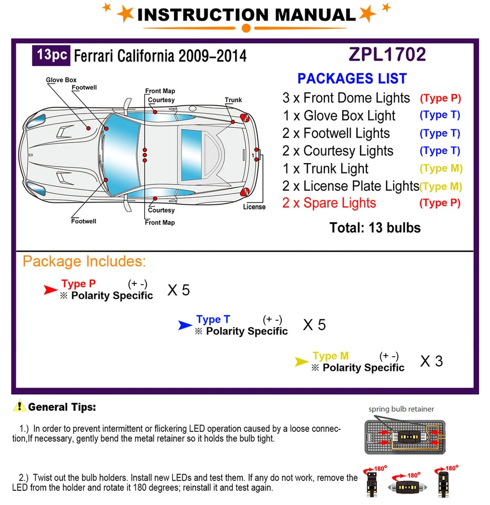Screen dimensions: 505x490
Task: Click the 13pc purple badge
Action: pyautogui.click(x=52, y=55)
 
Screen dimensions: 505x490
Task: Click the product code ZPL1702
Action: pyautogui.click(x=387, y=54)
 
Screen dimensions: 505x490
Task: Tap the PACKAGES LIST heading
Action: pyautogui.click(x=352, y=79)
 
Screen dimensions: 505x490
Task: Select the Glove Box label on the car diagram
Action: pyautogui.click(x=61, y=80)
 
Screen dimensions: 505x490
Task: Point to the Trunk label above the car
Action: pyautogui.click(x=233, y=100)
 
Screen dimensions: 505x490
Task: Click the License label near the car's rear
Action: pyautogui.click(x=254, y=207)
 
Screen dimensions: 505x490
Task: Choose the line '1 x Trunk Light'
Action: pyautogui.click(x=325, y=168)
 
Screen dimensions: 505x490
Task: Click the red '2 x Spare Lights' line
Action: pyautogui.click(x=329, y=203)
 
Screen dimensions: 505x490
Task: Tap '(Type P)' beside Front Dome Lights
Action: pyautogui.click(x=440, y=98)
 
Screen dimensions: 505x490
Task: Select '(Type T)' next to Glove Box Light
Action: pyautogui.click(x=440, y=115)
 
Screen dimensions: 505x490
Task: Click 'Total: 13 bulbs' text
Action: pyautogui.click(x=375, y=228)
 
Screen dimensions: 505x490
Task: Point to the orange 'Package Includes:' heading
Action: pyautogui.click(x=84, y=261)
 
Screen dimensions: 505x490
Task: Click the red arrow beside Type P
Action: pyautogui.click(x=50, y=289)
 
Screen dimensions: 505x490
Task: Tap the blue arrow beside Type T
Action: pyautogui.click(x=185, y=325)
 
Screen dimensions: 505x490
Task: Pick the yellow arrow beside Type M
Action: pyautogui.click(x=301, y=361)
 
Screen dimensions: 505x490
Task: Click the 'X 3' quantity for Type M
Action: pyautogui.click(x=432, y=361)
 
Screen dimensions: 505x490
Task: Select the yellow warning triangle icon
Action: pyautogui.click(x=20, y=407)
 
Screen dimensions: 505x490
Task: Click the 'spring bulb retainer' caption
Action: pyautogui.click(x=401, y=409)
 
